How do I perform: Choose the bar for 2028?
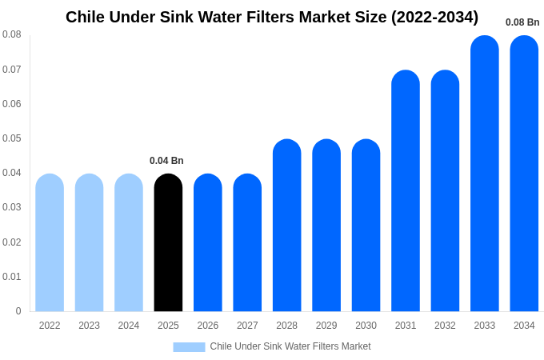[286, 226]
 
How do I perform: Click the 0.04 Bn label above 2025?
[166, 161]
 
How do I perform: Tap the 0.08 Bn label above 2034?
[522, 22]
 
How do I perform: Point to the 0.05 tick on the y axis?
[12, 138]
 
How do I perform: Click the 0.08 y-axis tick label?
[12, 34]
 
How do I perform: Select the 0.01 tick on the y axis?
[12, 277]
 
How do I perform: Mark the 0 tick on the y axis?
[18, 311]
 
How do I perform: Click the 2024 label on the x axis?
[129, 326]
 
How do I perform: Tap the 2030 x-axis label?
[366, 326]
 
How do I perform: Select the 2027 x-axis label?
[247, 326]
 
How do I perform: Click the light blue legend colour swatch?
[189, 346]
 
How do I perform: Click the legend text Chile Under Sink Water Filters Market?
[290, 346]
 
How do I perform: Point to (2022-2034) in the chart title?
[434, 17]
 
